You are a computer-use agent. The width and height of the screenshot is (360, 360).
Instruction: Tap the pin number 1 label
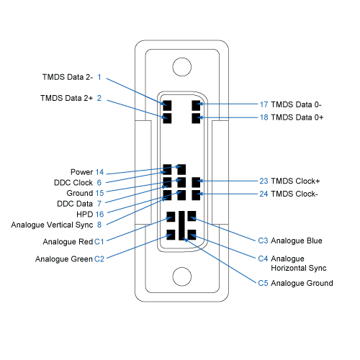[99, 77]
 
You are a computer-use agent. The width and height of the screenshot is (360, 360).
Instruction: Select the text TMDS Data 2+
[66, 98]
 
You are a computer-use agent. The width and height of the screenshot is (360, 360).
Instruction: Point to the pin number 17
[264, 104]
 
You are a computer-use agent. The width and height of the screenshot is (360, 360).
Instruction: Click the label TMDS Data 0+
[297, 117]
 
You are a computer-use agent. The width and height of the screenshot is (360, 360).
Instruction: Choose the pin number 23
[264, 181]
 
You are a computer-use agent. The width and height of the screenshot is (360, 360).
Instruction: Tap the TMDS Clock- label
[294, 194]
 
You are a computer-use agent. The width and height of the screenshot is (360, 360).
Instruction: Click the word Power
[81, 172]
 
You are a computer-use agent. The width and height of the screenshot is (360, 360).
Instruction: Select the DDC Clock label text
[73, 183]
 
